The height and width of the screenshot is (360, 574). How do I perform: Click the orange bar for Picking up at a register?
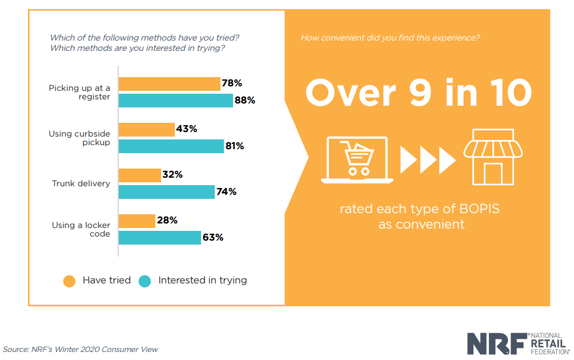(169, 84)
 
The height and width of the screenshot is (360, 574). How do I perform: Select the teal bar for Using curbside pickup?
(171, 146)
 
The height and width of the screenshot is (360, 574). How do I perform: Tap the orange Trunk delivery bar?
(139, 175)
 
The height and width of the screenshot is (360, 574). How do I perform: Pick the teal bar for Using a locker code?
(159, 238)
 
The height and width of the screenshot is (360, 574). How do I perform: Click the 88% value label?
(244, 101)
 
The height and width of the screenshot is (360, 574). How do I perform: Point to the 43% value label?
(187, 129)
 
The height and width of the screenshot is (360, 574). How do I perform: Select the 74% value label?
(226, 192)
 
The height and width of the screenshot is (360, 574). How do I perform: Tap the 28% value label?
(167, 221)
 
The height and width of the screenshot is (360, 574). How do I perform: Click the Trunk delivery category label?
(81, 183)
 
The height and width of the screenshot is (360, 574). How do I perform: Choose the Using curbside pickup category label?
(79, 138)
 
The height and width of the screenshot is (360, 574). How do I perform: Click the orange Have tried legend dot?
(70, 281)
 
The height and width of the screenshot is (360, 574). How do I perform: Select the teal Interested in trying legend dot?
(145, 281)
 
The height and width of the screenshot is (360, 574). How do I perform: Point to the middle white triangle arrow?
(428, 160)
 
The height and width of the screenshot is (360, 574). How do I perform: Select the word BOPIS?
(479, 209)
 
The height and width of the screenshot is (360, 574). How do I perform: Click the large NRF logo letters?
(496, 343)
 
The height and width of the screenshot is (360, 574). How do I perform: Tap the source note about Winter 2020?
(81, 349)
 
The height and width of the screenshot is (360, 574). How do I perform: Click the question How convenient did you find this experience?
(390, 38)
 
